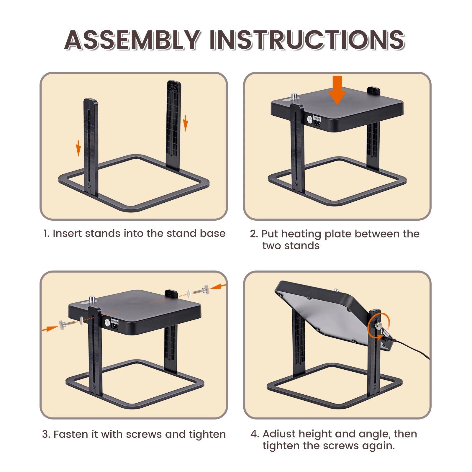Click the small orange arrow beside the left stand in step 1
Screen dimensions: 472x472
[78, 148]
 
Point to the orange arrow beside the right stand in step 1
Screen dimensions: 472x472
[185, 123]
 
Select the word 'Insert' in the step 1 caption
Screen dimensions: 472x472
[67, 233]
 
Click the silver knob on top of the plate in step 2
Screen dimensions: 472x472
[294, 96]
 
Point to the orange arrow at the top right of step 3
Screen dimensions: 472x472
[218, 286]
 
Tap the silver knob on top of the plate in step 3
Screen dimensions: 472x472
[92, 299]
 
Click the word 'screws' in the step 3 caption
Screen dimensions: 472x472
[144, 435]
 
